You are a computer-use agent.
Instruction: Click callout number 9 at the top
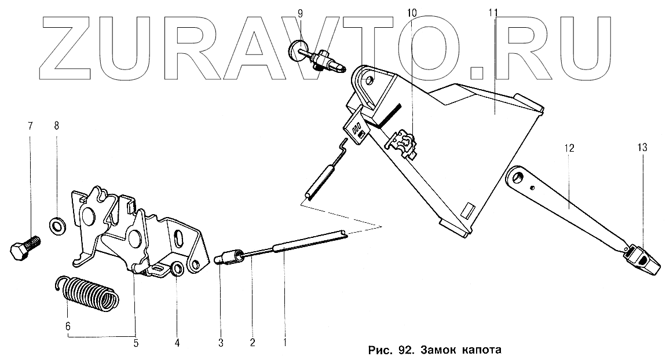tap(299, 13)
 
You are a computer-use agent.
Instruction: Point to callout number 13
tap(643, 148)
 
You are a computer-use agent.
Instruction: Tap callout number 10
tap(411, 13)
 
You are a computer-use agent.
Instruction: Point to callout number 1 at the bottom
tap(285, 343)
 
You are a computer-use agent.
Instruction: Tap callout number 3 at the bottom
tap(221, 343)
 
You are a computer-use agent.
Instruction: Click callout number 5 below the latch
tap(136, 343)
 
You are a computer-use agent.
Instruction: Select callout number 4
tap(178, 343)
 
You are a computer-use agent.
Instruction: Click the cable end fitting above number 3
tap(227, 257)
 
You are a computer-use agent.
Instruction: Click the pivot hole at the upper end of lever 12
tap(518, 176)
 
